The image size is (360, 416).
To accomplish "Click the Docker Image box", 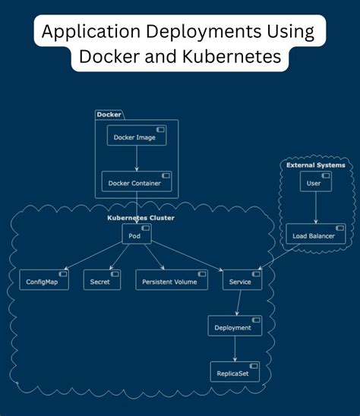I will click(x=136, y=136).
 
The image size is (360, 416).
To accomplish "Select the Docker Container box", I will click(x=137, y=181).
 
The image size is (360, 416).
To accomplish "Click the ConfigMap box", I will click(x=43, y=280).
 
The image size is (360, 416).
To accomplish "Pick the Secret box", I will click(x=99, y=280).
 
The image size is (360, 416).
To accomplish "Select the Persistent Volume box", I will click(x=170, y=280).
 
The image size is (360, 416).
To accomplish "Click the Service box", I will click(x=242, y=280).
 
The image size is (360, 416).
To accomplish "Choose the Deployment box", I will click(x=234, y=326).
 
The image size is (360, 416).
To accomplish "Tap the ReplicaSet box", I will click(x=234, y=372).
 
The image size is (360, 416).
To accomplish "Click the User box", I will click(x=314, y=182).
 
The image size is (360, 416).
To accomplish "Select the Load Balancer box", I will click(x=314, y=235).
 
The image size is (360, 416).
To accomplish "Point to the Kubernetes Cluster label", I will click(x=141, y=219).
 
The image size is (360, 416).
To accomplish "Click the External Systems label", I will click(x=315, y=165).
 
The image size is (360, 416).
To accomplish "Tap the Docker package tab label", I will click(x=109, y=115).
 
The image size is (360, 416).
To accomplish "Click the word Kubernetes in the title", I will click(x=232, y=58).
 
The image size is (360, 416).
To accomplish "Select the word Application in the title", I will click(x=87, y=33).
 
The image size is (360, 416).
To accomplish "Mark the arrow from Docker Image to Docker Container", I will click(x=137, y=159).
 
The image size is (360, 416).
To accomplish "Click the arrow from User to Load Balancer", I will click(x=314, y=209).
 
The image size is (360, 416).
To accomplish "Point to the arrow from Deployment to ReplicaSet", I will click(x=234, y=349).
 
